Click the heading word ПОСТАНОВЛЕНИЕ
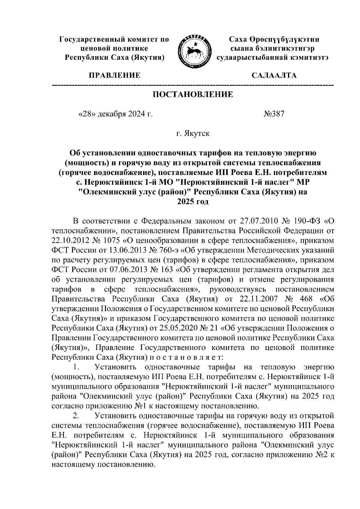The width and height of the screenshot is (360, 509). coord(193,95)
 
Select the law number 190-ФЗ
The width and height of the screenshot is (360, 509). coord(305,222)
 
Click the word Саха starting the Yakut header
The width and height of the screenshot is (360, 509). coord(239,39)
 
